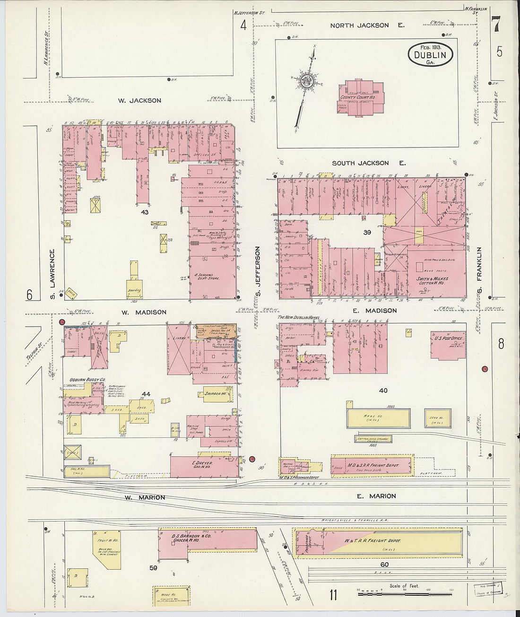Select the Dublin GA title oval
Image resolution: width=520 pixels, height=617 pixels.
(430, 54)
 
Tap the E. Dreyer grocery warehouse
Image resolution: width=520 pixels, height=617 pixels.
(203, 466)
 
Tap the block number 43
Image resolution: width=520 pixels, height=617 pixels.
(145, 212)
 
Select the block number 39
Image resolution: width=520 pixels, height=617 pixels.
(367, 232)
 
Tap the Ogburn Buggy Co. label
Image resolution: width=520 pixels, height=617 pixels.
(87, 380)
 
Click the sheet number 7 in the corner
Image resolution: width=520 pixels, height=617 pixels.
(496, 25)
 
